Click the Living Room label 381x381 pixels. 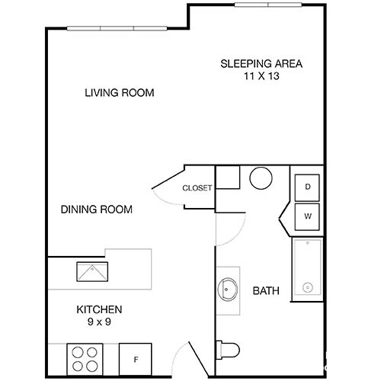tap(120, 93)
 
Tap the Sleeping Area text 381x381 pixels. tap(261, 63)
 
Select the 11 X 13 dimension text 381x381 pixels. tap(261, 76)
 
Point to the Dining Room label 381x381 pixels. tap(97, 210)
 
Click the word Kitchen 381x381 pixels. tap(99, 309)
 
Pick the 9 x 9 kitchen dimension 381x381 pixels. tap(99, 322)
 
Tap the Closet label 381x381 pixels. tap(197, 188)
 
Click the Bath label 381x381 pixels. tap(266, 290)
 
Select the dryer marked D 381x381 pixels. tap(307, 187)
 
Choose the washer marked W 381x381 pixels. tap(307, 216)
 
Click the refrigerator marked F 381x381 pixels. tap(136, 359)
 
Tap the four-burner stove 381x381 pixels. tap(85, 359)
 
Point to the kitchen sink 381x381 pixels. tap(92, 272)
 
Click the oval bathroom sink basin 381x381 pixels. tap(228, 290)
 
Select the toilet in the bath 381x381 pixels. tap(228, 350)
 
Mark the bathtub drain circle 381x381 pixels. tap(308, 288)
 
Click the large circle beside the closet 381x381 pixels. tap(261, 178)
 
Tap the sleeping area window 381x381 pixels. tap(268, 5)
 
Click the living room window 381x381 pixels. tap(117, 28)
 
